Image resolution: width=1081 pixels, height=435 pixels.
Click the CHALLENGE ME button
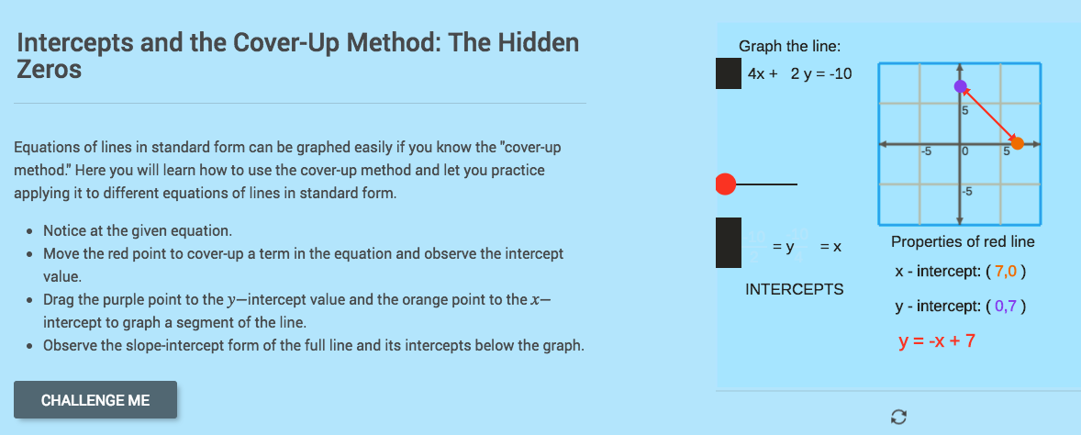[x=95, y=400]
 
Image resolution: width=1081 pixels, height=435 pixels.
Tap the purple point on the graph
[x=960, y=87]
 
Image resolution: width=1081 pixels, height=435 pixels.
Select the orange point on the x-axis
[x=1018, y=143]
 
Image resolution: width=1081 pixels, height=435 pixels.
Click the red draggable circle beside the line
[x=725, y=184]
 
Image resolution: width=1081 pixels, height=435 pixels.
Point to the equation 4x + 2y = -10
[x=799, y=73]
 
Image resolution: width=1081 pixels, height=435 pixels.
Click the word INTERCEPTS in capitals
[x=795, y=289]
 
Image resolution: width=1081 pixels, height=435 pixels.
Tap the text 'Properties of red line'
[x=963, y=242]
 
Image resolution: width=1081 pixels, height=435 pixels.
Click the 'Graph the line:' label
[x=789, y=47]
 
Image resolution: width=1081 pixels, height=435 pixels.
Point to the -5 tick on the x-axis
[x=927, y=151]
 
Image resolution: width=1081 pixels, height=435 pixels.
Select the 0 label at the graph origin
[x=965, y=151]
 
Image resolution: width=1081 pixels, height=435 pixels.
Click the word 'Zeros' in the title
[x=50, y=70]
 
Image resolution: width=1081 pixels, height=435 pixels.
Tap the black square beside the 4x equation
[x=729, y=73]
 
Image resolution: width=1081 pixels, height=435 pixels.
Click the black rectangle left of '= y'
[x=729, y=242]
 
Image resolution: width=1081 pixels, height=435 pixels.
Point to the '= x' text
[x=830, y=248]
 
